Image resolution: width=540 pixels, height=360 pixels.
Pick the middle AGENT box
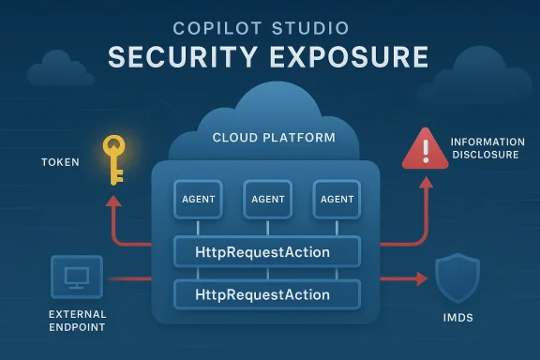point(268,199)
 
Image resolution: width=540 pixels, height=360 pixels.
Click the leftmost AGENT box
point(198,199)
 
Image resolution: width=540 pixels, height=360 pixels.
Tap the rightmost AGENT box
point(337,199)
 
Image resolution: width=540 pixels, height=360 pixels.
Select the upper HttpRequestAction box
point(268,251)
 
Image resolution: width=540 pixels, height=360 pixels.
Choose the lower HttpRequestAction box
point(268,294)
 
